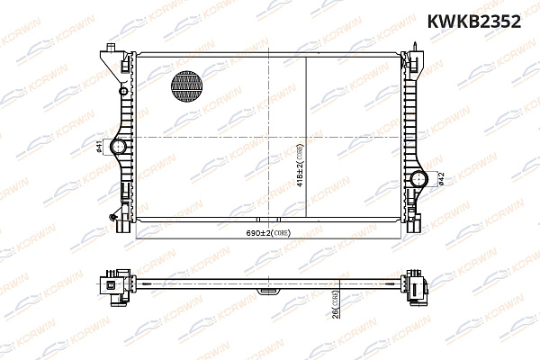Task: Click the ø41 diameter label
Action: [99, 147]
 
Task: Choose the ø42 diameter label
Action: [441, 179]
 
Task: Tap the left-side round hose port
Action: [118, 147]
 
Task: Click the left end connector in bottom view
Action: [115, 285]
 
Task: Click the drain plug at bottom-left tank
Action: [112, 215]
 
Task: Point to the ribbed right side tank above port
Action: [413, 117]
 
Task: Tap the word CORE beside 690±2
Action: [289, 232]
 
